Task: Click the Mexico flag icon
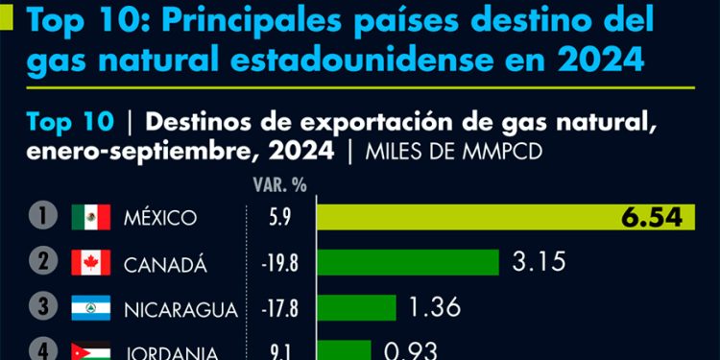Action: click(91, 217)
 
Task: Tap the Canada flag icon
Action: click(91, 262)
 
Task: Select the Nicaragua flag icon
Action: click(91, 308)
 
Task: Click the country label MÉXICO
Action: click(160, 218)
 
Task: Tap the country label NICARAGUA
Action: click(180, 309)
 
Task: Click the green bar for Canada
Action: click(407, 262)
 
